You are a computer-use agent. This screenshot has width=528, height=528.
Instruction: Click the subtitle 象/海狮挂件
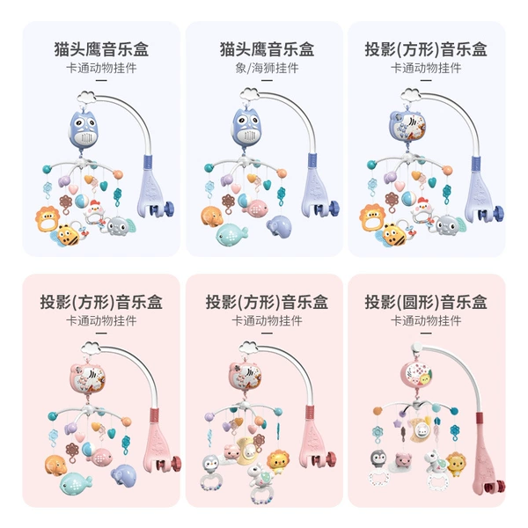(x=267, y=69)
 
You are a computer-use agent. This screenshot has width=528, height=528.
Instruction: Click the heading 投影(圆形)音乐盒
(x=426, y=302)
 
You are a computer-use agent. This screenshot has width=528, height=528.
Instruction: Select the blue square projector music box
(x=407, y=126)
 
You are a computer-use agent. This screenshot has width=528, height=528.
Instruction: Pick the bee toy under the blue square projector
(x=394, y=234)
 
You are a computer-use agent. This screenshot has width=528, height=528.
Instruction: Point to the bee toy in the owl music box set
(x=69, y=234)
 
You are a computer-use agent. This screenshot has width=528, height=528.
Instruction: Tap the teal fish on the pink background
(x=75, y=483)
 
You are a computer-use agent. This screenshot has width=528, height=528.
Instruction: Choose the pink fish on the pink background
(x=99, y=458)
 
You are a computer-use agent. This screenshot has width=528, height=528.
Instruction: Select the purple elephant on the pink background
(x=124, y=475)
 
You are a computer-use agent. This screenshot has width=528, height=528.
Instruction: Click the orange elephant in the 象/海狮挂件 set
(x=212, y=216)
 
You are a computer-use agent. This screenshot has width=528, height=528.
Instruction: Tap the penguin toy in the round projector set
(x=378, y=458)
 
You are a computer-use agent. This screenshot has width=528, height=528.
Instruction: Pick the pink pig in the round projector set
(x=403, y=460)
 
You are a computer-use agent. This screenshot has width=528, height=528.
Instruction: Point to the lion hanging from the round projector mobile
(x=456, y=464)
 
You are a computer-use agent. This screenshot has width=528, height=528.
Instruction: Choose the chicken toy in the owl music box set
(x=93, y=211)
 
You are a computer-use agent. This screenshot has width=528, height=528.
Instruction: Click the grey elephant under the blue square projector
(x=448, y=225)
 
